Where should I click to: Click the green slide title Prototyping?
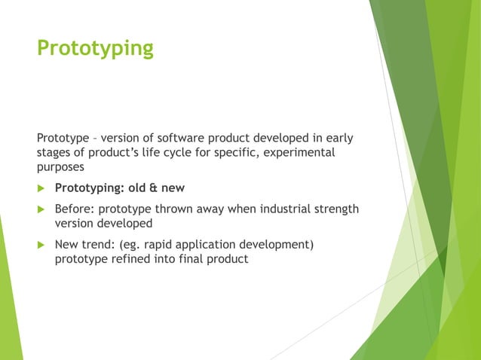coord(95,49)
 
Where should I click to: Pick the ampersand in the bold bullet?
coord(152,188)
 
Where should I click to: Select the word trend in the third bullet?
coord(95,245)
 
